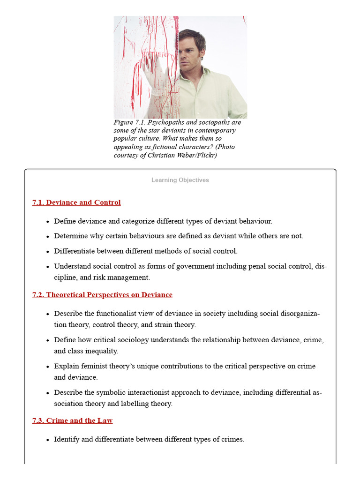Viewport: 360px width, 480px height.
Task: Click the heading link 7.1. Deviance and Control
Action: (76, 202)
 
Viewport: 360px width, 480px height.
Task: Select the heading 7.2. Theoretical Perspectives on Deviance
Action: (102, 295)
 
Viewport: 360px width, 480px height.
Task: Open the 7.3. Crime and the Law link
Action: (72, 420)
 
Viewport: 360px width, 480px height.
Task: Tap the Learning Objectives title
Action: (180, 180)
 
